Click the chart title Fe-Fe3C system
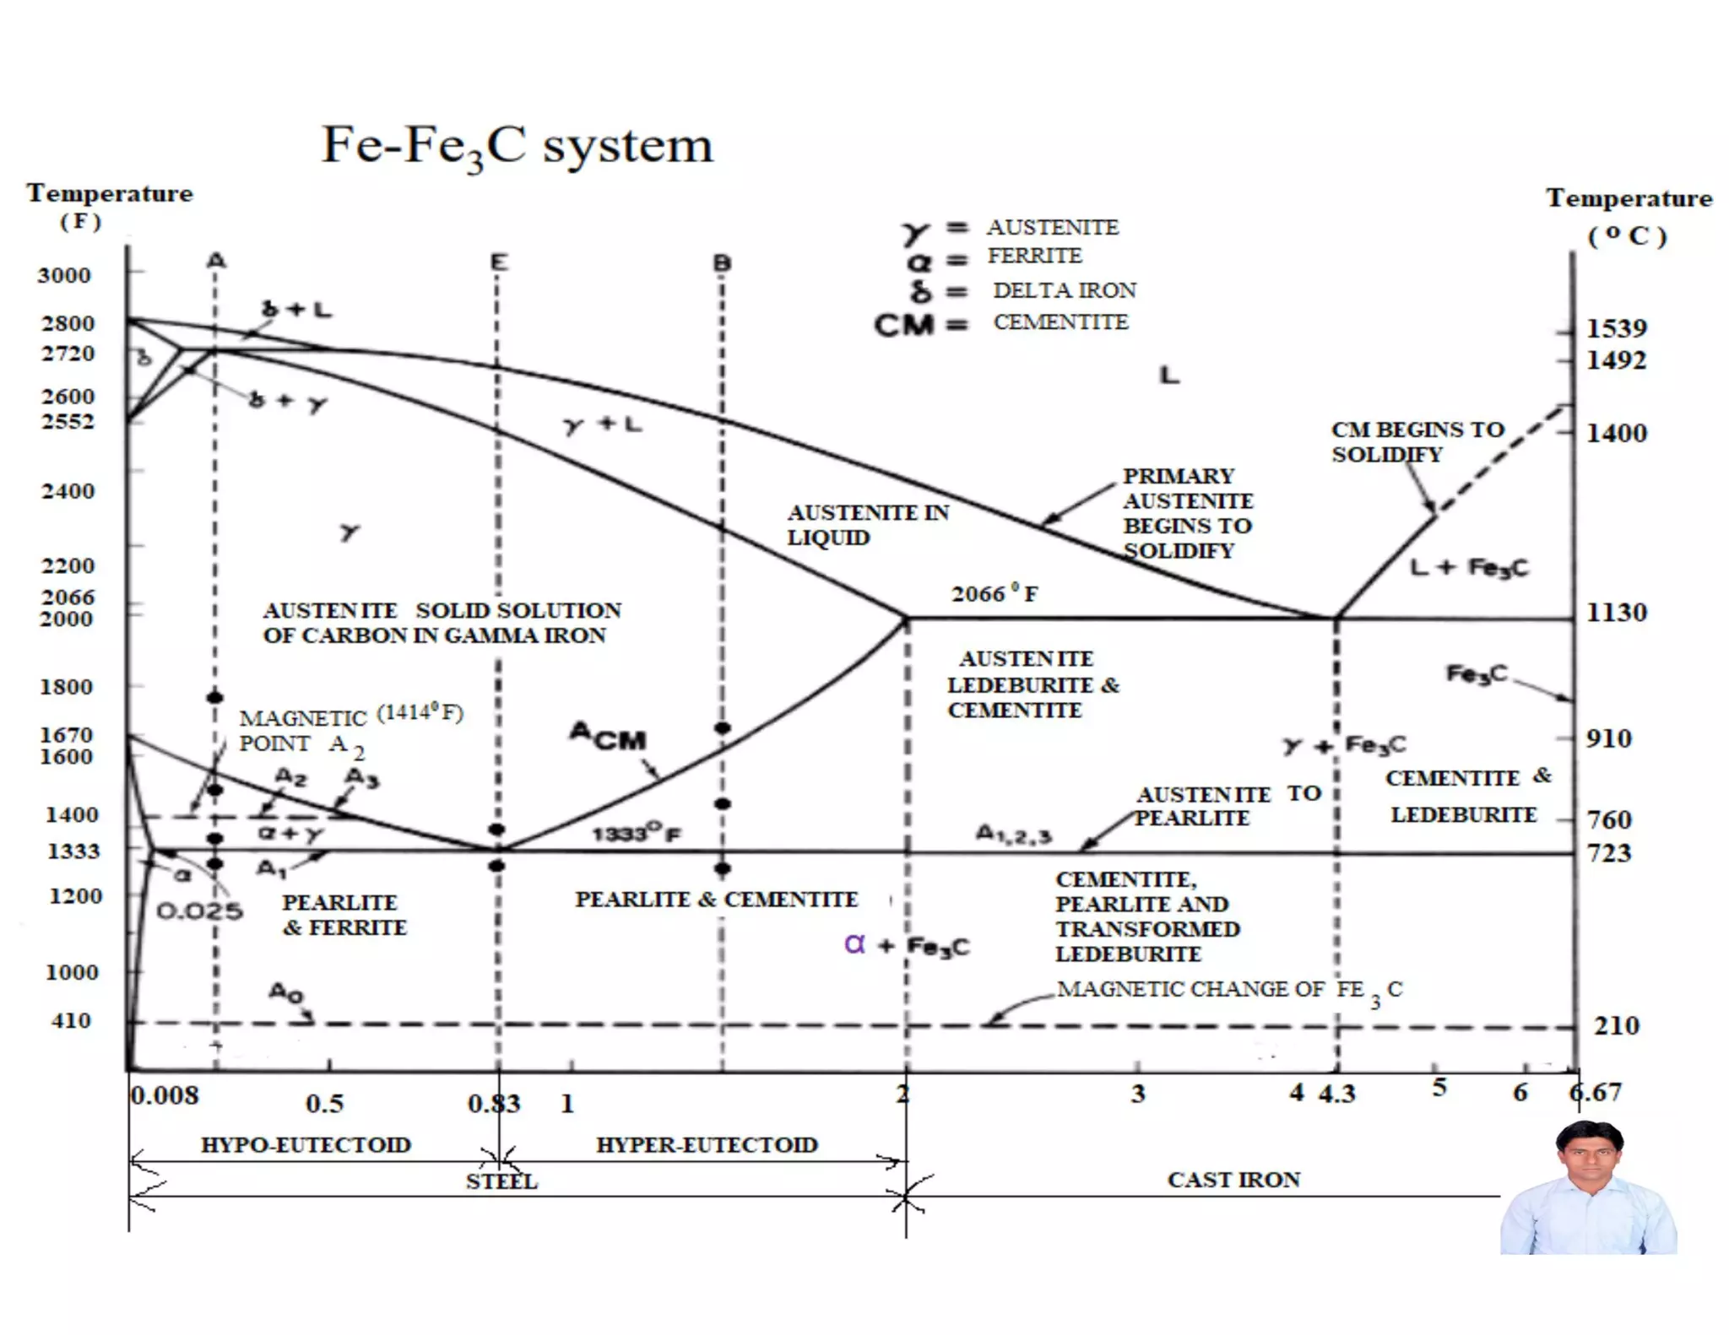pyautogui.click(x=517, y=147)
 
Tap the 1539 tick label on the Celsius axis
pyautogui.click(x=1616, y=328)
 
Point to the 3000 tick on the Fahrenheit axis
pyautogui.click(x=64, y=275)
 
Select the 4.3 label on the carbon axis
pyautogui.click(x=1337, y=1094)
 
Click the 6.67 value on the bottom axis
pyautogui.click(x=1596, y=1092)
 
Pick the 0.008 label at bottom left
pyautogui.click(x=165, y=1095)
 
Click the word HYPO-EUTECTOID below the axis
pyautogui.click(x=306, y=1145)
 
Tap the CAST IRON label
pyautogui.click(x=1233, y=1180)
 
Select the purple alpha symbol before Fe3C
pyautogui.click(x=854, y=943)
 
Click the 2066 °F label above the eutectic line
pyautogui.click(x=995, y=594)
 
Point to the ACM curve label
pyautogui.click(x=608, y=736)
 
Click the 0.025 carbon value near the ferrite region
pyautogui.click(x=200, y=911)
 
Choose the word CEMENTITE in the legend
pyautogui.click(x=1060, y=322)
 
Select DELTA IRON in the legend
pyautogui.click(x=1065, y=290)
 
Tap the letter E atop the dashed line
pyautogui.click(x=499, y=262)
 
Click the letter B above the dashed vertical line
pyautogui.click(x=722, y=263)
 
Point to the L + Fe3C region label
pyautogui.click(x=1469, y=567)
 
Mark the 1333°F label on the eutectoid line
pyautogui.click(x=636, y=834)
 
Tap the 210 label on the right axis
pyautogui.click(x=1616, y=1025)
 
